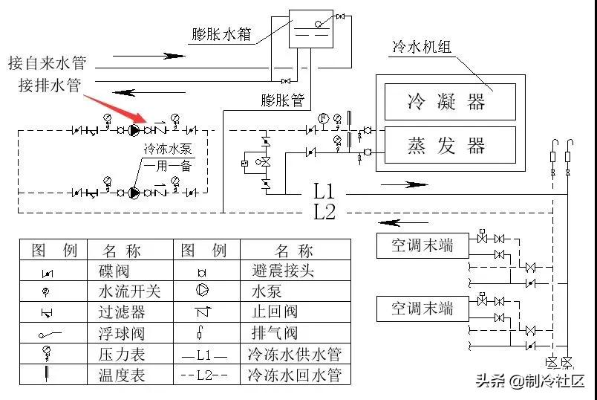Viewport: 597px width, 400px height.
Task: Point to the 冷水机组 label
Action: pos(422,48)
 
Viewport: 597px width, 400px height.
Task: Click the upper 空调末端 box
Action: pos(422,245)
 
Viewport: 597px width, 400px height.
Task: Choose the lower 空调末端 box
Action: pos(422,308)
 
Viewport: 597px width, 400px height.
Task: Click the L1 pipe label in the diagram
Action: pos(324,190)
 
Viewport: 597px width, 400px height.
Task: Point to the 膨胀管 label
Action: pos(283,98)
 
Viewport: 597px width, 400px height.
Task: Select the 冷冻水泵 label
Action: pos(169,149)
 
